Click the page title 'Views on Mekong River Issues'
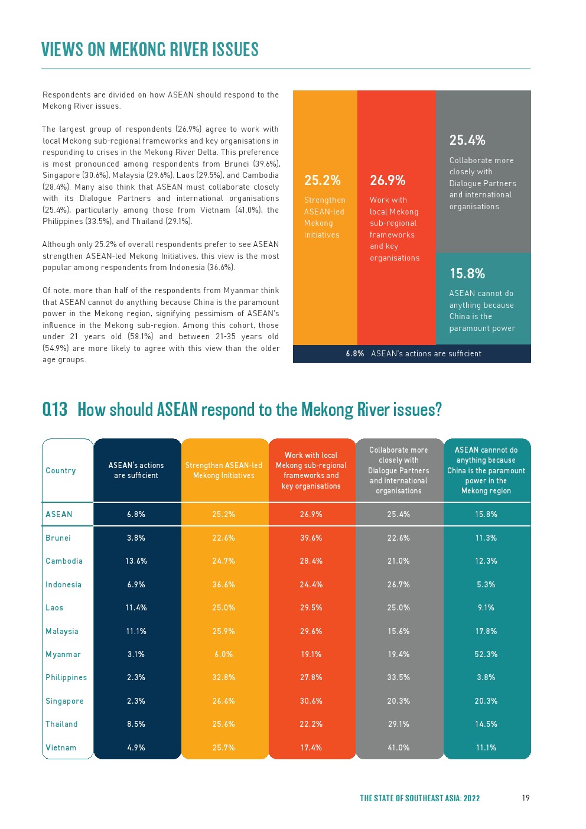point(150,50)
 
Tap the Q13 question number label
point(55,409)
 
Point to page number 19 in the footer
point(526,798)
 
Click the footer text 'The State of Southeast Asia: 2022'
point(420,798)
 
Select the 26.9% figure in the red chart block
point(388,180)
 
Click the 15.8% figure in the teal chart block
point(467,274)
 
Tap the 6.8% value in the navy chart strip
point(355,354)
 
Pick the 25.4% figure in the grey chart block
point(467,140)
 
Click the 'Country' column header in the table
point(61,471)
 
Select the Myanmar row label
point(63,655)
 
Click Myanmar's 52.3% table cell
point(486,655)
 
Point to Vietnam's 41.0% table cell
point(399,747)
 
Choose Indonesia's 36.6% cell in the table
point(224,585)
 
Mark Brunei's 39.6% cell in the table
point(311,538)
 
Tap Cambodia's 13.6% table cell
point(136,561)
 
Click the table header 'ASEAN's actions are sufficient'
point(136,470)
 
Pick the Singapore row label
point(64,701)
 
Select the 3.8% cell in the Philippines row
point(486,678)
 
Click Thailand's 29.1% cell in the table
point(399,724)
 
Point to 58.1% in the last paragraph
point(141,337)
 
